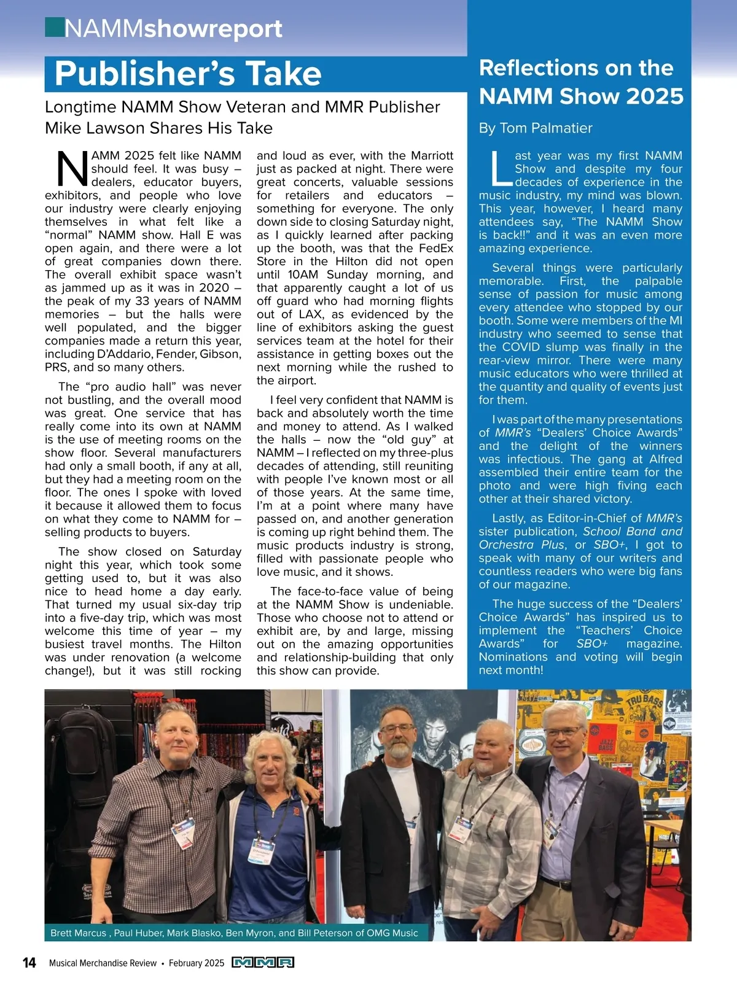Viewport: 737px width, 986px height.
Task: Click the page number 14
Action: (x=29, y=962)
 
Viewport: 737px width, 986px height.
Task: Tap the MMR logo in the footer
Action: (x=263, y=962)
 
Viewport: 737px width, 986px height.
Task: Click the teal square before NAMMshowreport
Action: (x=54, y=28)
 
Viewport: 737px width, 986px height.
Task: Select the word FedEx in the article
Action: (x=435, y=248)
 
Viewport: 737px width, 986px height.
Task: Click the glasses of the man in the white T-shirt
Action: (x=397, y=729)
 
